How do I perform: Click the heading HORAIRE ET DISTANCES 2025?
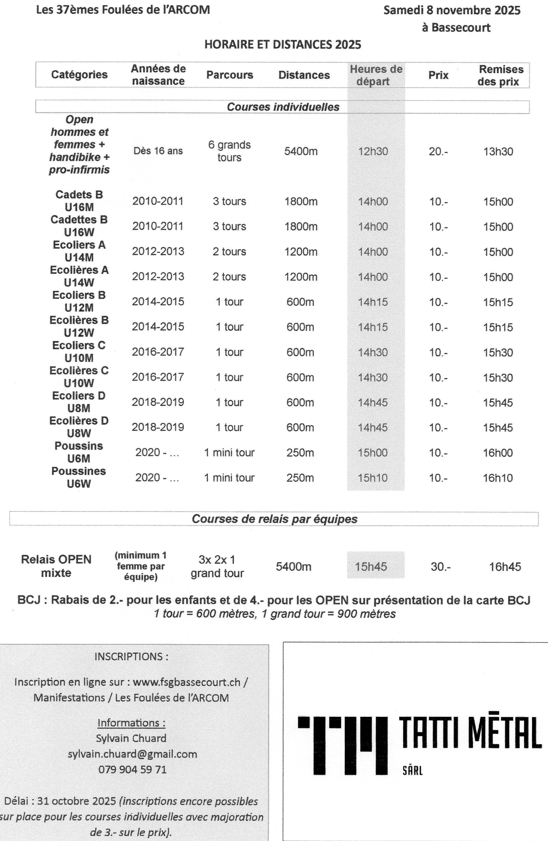tap(283, 44)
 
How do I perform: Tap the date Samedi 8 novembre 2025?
tap(452, 10)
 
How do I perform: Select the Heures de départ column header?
tap(376, 75)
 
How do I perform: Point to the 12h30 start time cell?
tap(373, 152)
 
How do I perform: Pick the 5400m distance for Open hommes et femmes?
tap(301, 152)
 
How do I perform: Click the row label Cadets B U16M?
tap(79, 201)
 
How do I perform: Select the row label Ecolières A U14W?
tap(79, 276)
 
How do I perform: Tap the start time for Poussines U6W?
tap(372, 478)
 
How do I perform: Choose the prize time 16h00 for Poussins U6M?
tap(498, 453)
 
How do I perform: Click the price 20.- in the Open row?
tap(438, 152)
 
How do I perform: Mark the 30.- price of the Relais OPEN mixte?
tap(440, 567)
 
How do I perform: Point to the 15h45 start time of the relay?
tap(371, 567)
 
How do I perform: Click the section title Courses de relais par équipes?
tap(274, 519)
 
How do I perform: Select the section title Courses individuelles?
tap(283, 107)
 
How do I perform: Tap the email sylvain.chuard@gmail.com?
tap(132, 754)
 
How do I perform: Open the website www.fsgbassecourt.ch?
tap(186, 682)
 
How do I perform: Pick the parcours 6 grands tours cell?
tap(229, 151)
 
